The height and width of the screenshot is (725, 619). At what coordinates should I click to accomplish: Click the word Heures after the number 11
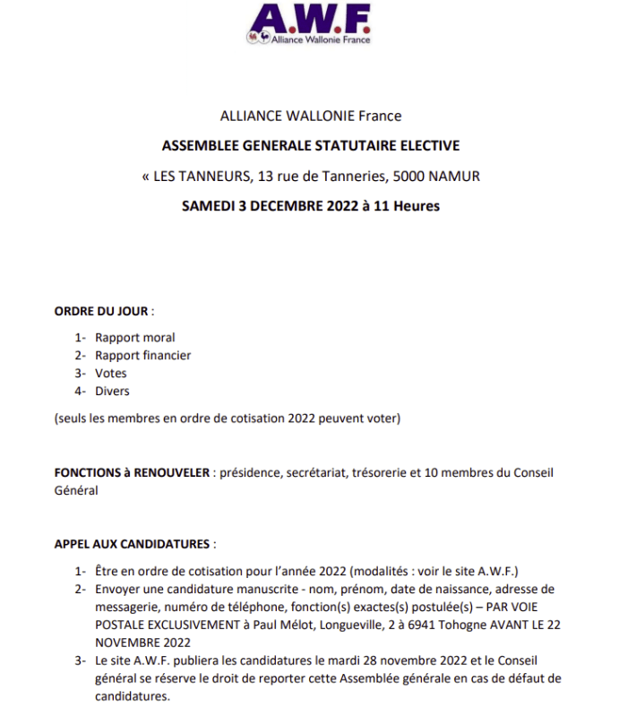point(417,205)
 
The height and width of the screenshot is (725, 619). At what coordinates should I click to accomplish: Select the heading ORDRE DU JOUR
point(101,311)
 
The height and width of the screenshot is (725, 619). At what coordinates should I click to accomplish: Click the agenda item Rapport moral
point(135,338)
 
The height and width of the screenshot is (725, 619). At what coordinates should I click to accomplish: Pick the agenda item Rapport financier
point(143,356)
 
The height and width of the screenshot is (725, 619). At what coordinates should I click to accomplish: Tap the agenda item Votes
point(111,374)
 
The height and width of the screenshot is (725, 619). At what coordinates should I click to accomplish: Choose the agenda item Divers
point(112,392)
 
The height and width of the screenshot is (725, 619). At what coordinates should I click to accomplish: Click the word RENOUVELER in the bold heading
point(174,472)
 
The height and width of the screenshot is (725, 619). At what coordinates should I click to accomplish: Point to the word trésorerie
point(376,472)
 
